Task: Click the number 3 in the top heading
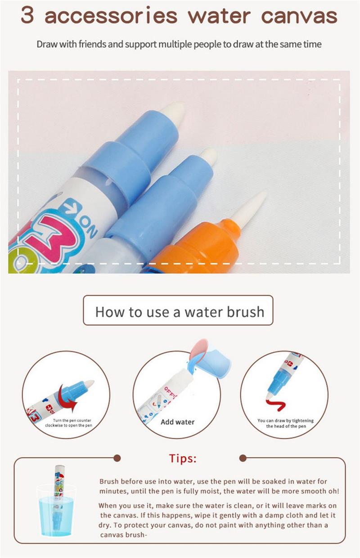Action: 27,15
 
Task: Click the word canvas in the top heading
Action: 299,16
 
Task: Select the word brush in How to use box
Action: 245,312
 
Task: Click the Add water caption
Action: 177,422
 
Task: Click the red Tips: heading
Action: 183,459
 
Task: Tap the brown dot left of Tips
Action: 117,458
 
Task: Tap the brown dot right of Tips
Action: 243,458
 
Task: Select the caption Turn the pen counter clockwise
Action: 68,423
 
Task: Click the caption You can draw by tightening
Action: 285,423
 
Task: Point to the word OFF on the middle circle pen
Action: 171,392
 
